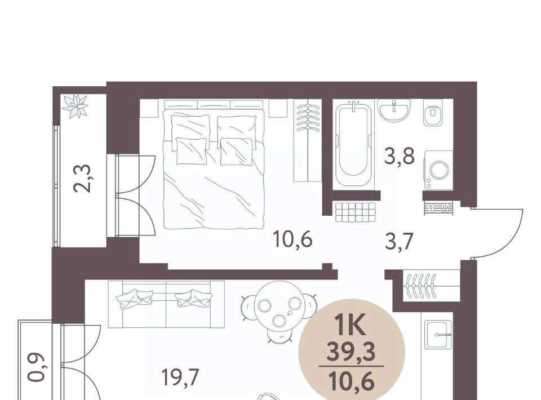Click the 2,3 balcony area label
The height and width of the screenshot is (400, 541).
(82, 178)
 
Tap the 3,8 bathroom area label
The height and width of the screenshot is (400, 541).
(399, 157)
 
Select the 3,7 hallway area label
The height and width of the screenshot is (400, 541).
(399, 241)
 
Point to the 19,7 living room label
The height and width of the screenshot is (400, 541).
(180, 377)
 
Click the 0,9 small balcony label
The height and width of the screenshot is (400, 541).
(37, 367)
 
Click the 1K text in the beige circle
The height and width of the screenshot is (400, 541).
(351, 326)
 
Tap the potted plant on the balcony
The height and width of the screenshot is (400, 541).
(75, 106)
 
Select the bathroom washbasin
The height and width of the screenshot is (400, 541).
(394, 110)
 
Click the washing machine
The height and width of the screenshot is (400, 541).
(438, 170)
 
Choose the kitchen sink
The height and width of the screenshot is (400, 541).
(438, 334)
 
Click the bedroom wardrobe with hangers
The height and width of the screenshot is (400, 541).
(308, 140)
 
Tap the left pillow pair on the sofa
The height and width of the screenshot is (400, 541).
(135, 298)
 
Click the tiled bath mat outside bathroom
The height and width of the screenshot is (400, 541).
(355, 212)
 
